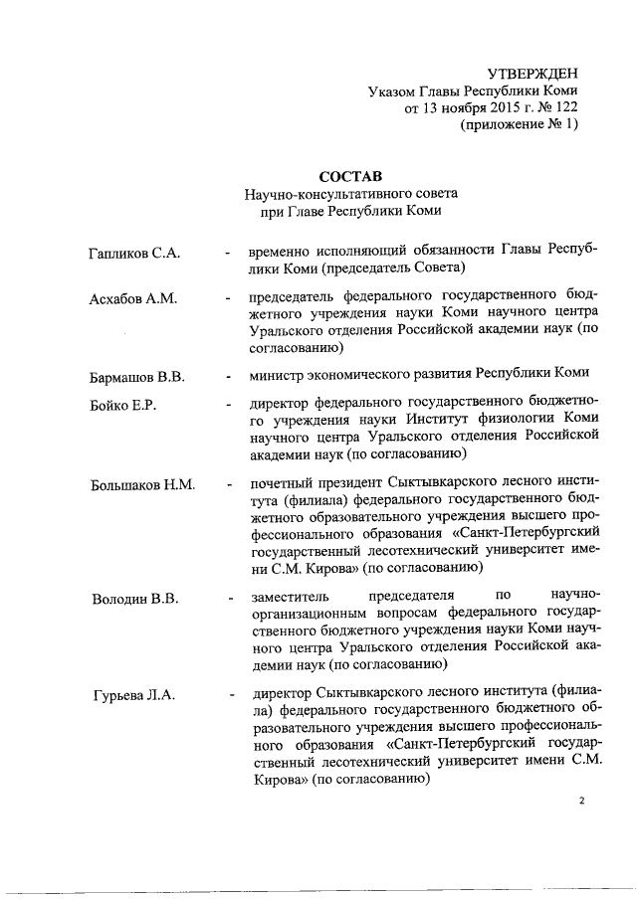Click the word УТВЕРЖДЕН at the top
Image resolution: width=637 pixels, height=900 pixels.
click(x=531, y=74)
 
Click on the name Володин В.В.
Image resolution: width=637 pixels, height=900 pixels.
click(x=135, y=598)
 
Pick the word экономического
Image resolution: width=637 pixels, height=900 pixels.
click(x=376, y=373)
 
